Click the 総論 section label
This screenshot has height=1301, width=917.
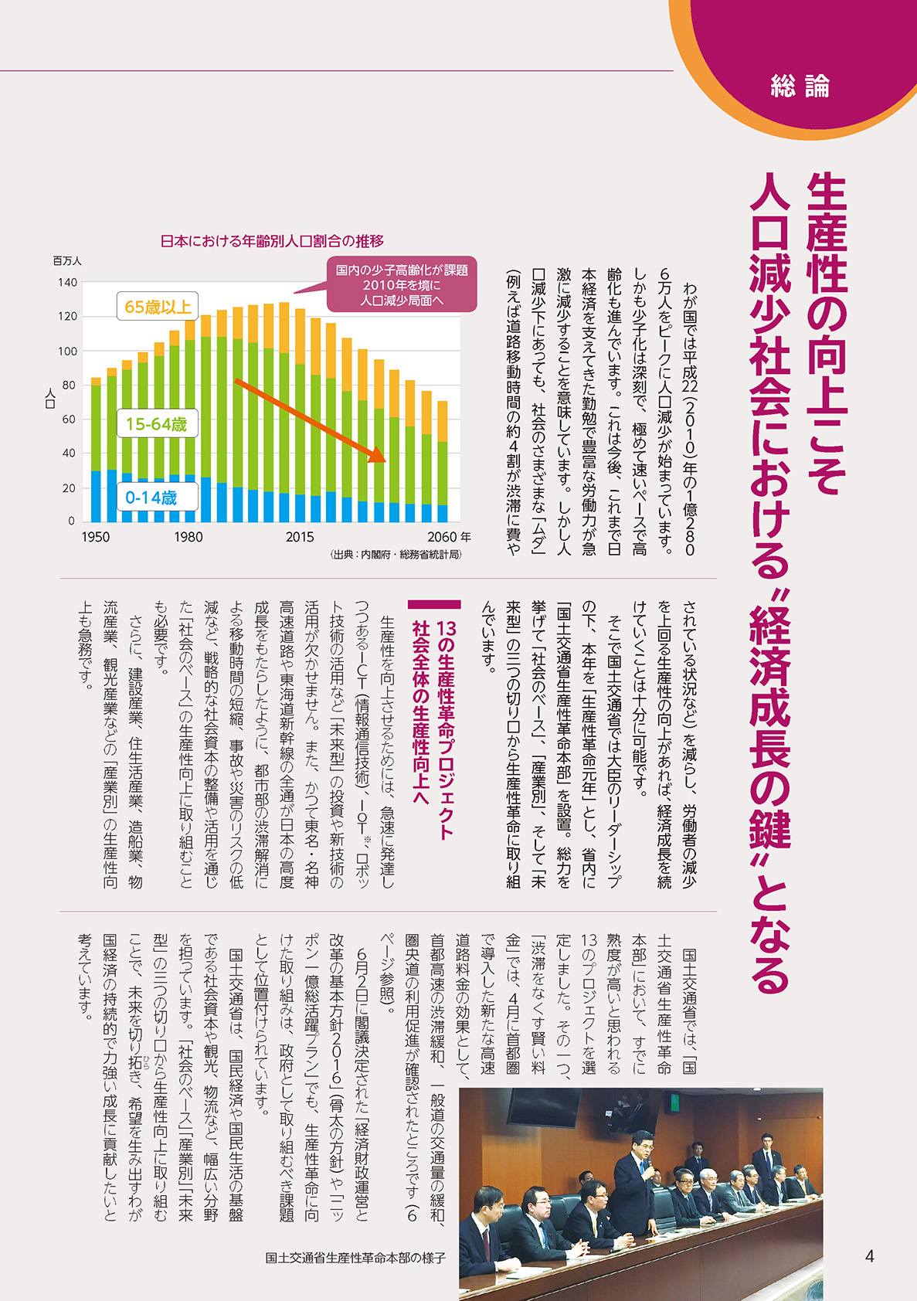pyautogui.click(x=800, y=86)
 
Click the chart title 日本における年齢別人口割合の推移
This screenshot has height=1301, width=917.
pyautogui.click(x=272, y=241)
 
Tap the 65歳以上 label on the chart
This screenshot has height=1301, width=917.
pyautogui.click(x=158, y=307)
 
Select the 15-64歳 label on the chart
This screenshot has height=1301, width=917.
pyautogui.click(x=156, y=424)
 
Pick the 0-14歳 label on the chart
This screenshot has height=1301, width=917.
pyautogui.click(x=151, y=498)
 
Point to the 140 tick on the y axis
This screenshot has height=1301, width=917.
pyautogui.click(x=68, y=283)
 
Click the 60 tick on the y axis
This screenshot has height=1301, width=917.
pyautogui.click(x=70, y=420)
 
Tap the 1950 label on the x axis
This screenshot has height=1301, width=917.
pyautogui.click(x=96, y=538)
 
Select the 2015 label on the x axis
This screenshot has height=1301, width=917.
pyautogui.click(x=300, y=538)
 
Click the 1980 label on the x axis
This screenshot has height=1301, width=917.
pyautogui.click(x=188, y=538)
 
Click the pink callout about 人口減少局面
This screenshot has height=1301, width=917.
pyautogui.click(x=402, y=286)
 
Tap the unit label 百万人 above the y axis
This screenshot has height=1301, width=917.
pyautogui.click(x=67, y=261)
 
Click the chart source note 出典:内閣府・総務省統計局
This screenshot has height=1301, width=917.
pyautogui.click(x=396, y=555)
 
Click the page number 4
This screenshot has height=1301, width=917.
pyautogui.click(x=869, y=1256)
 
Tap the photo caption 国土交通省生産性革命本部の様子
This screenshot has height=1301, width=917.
pyautogui.click(x=355, y=1258)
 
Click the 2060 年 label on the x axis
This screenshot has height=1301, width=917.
pyautogui.click(x=449, y=538)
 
